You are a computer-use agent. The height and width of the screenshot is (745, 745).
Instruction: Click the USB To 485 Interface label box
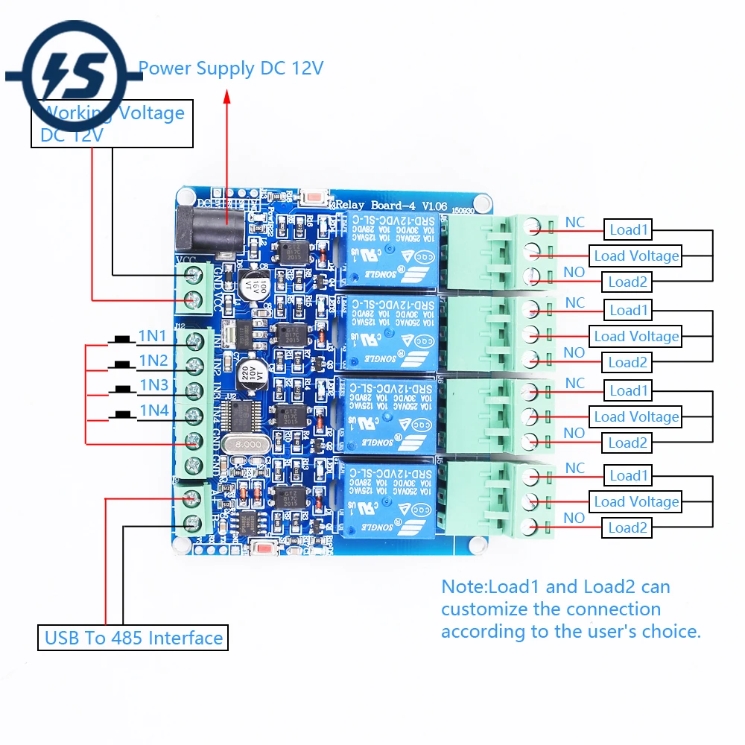[133, 638]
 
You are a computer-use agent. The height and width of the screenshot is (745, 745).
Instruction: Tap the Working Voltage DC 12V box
[112, 124]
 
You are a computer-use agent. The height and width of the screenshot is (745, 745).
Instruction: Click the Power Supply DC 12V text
[231, 69]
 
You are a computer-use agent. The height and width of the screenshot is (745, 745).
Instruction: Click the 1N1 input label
[153, 337]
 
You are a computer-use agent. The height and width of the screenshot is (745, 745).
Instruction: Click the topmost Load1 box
[629, 230]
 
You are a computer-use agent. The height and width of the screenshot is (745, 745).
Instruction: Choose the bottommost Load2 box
[627, 528]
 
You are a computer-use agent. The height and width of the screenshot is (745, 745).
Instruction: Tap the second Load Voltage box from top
[636, 336]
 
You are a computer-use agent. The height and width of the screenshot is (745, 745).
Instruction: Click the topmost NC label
[575, 222]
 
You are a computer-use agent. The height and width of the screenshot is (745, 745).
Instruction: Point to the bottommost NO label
[574, 518]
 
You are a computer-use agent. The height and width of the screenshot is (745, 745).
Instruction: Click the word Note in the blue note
[463, 587]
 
